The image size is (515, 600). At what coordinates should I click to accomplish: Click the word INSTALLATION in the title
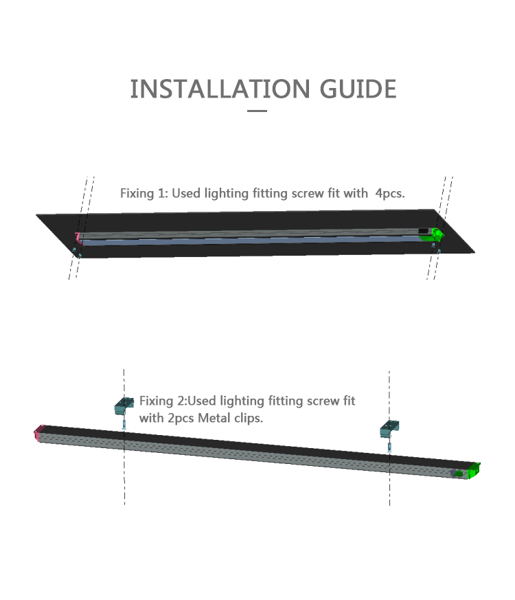click(220, 89)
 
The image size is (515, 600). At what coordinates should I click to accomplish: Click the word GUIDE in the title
click(358, 89)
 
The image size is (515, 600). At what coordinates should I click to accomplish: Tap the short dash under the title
click(257, 111)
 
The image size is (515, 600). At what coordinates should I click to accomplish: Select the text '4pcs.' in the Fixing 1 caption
click(389, 193)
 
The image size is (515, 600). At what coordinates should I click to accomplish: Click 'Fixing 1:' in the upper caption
click(144, 193)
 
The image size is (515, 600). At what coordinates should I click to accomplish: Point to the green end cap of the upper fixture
click(435, 234)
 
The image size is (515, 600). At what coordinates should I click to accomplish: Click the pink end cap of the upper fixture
click(78, 238)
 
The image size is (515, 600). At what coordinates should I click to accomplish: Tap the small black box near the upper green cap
click(423, 231)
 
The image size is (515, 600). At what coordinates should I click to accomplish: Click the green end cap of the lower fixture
click(474, 470)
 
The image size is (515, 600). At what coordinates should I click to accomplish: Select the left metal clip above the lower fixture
click(124, 405)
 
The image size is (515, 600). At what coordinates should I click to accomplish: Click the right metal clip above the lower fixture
click(389, 430)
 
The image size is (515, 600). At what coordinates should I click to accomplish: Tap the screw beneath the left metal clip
click(124, 424)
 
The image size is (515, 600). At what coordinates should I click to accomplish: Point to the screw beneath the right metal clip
click(389, 447)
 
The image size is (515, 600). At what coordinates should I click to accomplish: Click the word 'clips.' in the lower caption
click(249, 419)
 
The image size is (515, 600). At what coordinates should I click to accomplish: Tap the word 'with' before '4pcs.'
click(355, 193)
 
